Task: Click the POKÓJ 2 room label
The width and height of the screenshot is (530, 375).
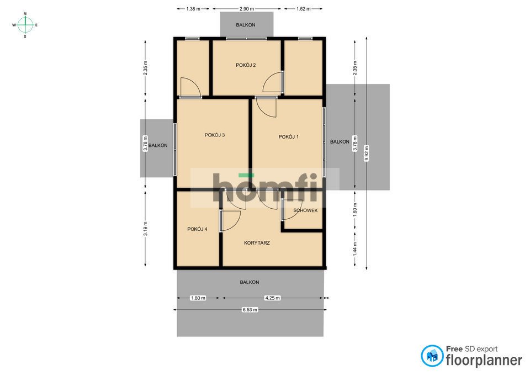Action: coord(246,65)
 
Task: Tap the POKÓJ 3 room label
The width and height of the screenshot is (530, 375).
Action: coord(215,135)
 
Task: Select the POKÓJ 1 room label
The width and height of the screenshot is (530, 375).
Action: coord(289,137)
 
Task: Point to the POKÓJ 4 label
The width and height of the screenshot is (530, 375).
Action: coord(197,229)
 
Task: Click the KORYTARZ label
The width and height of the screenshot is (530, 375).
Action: coord(257,243)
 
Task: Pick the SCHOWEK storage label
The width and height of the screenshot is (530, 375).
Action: coord(305,210)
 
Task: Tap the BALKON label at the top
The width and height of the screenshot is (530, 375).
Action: coord(246,25)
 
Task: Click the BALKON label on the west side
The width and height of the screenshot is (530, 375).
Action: coord(158,145)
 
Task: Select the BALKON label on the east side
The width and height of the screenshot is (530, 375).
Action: coord(340,142)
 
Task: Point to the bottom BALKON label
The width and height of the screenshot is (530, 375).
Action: coord(250,282)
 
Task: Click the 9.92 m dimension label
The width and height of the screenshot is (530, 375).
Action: coord(367,153)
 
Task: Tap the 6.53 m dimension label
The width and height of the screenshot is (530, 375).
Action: coord(250,309)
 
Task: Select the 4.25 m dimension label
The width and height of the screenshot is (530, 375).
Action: coord(272,298)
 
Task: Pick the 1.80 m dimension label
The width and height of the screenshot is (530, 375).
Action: coord(198,298)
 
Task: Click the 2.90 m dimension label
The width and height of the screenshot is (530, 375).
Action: coord(247,9)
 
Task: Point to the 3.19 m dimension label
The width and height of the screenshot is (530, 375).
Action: coord(145,229)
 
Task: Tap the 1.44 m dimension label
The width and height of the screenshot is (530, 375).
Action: coord(354,249)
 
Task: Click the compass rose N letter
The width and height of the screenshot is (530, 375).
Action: coord(25,14)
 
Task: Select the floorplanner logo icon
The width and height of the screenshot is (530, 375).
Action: coord(432,356)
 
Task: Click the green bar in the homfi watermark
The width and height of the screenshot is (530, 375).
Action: coord(246,175)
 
